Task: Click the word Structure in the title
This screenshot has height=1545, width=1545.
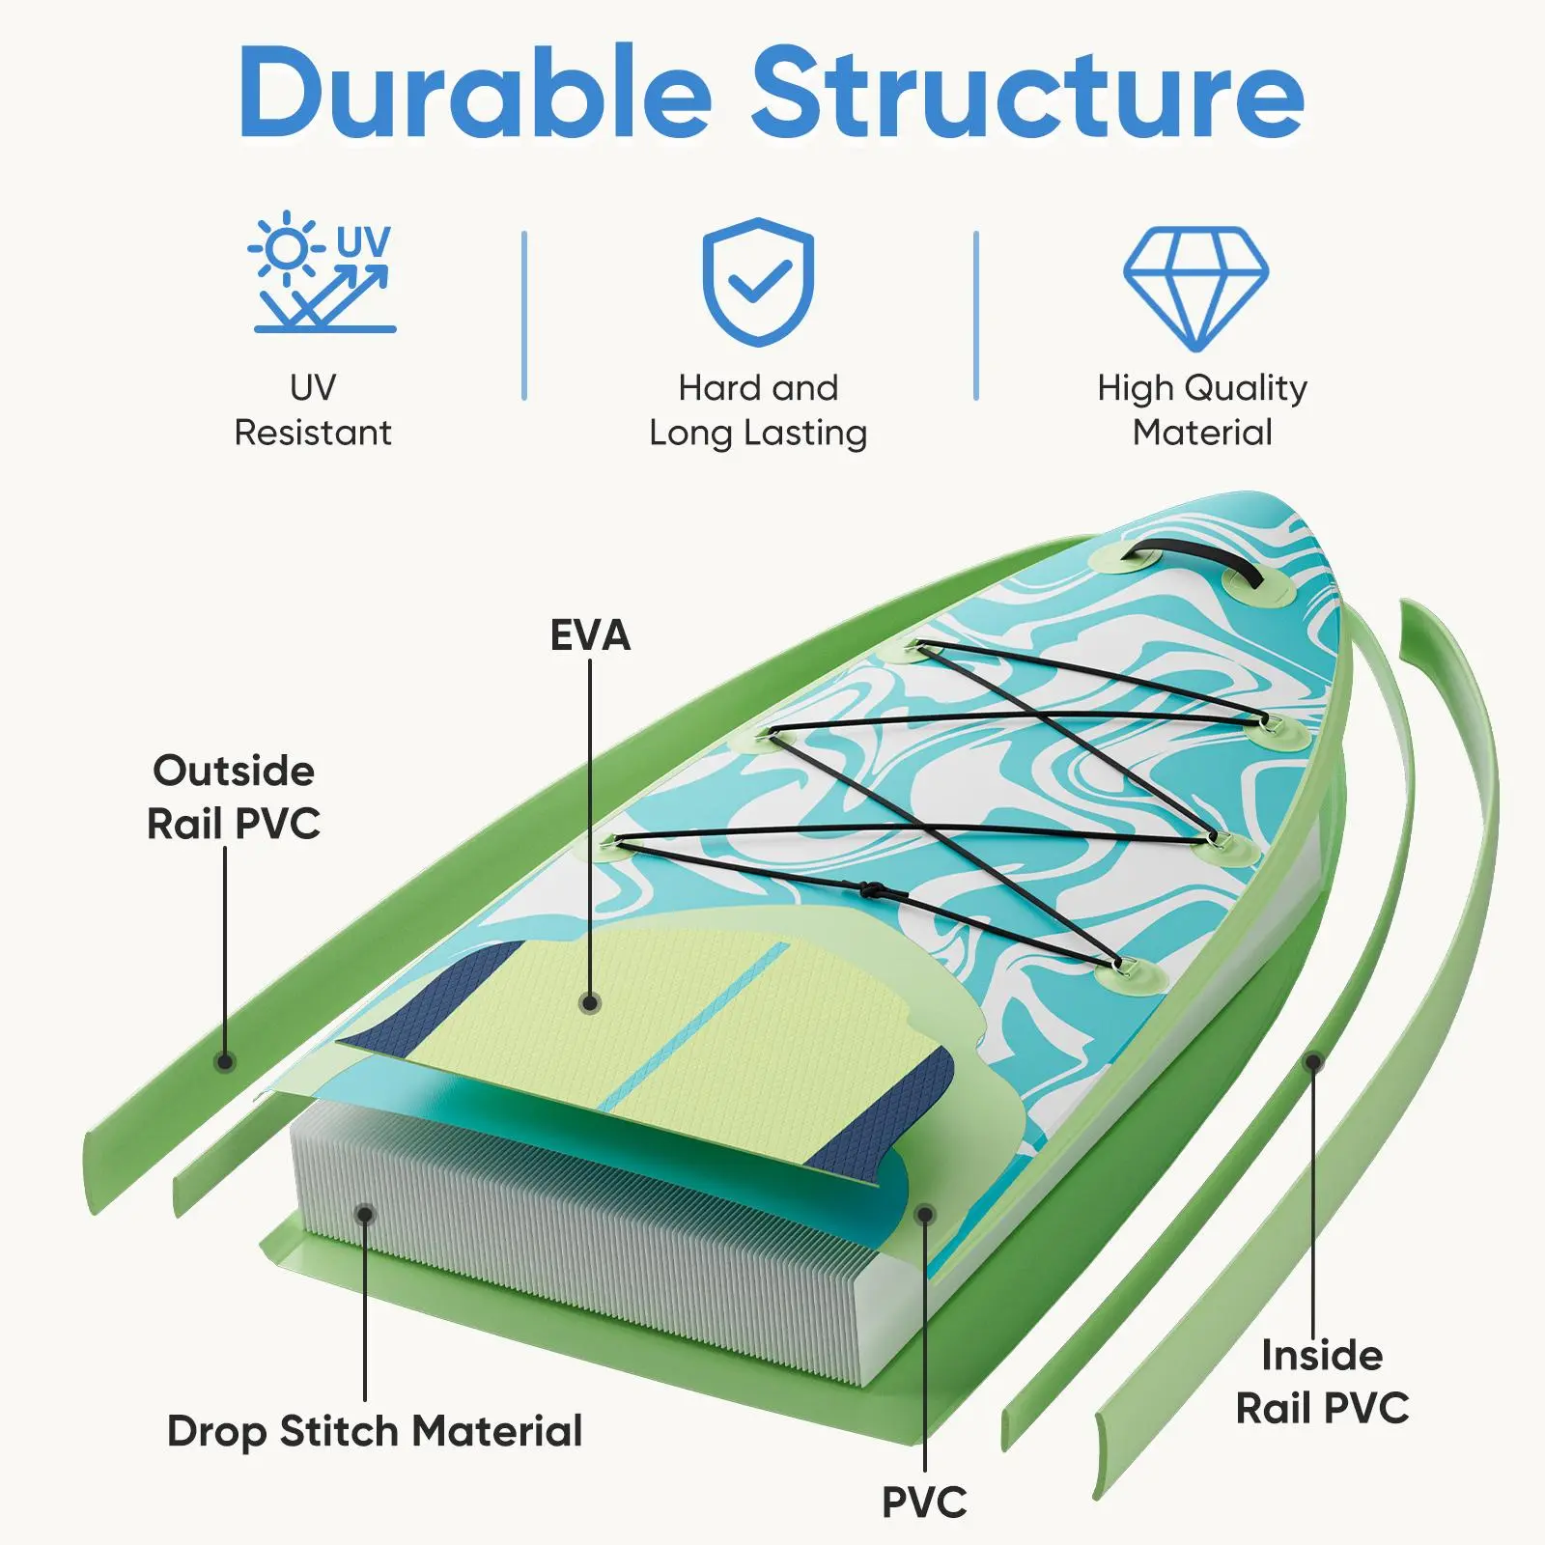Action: click(1027, 94)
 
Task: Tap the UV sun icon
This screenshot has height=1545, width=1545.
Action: click(323, 273)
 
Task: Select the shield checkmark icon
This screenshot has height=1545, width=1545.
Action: click(758, 281)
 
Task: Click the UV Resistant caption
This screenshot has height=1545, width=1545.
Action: click(313, 410)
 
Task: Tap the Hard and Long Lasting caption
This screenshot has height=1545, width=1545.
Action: click(758, 410)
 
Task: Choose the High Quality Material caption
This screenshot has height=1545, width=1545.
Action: click(1202, 410)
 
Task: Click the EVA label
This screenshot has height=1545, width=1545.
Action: click(590, 635)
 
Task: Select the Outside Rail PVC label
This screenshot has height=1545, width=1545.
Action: click(234, 798)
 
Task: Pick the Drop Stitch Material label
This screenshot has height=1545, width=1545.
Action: click(375, 1431)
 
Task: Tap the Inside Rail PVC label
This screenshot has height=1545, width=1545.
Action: click(1322, 1382)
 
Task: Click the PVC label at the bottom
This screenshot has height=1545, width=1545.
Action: click(924, 1503)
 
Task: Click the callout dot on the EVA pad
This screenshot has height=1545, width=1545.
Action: click(591, 1003)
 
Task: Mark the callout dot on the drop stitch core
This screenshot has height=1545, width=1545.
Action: click(365, 1213)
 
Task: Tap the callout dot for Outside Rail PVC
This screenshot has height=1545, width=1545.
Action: click(225, 1061)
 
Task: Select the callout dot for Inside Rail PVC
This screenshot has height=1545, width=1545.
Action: click(1313, 1062)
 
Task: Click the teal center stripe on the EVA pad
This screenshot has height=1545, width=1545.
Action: click(695, 1025)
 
